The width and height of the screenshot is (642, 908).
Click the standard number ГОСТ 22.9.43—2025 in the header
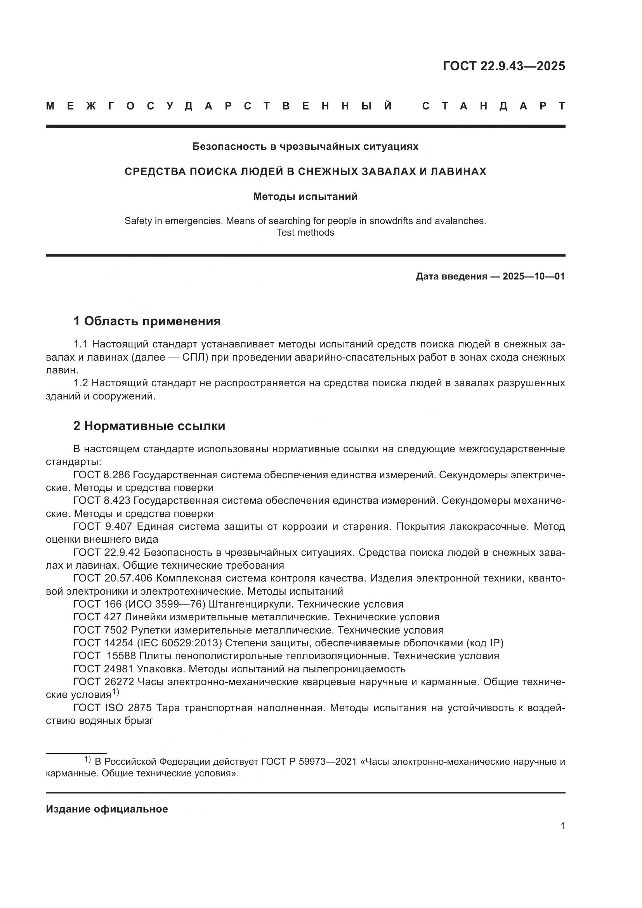(x=504, y=66)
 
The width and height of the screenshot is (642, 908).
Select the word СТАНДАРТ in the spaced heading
(x=493, y=106)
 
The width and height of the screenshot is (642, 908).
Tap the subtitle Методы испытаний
(x=305, y=196)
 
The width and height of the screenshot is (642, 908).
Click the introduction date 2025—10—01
(x=534, y=276)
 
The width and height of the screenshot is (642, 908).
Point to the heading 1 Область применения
(x=147, y=321)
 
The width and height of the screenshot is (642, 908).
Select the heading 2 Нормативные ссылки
(x=149, y=426)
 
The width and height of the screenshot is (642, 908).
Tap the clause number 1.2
(x=82, y=383)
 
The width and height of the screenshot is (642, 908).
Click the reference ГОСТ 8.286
(x=102, y=475)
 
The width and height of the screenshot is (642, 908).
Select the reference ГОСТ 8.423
(x=102, y=501)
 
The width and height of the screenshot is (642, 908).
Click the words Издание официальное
(x=107, y=809)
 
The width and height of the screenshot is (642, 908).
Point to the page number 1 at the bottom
(x=562, y=826)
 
